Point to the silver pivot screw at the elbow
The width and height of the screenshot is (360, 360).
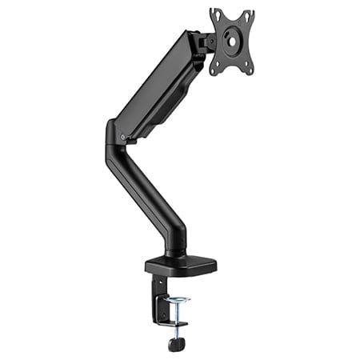point(122,138)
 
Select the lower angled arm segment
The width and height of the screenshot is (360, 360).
point(144,192)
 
